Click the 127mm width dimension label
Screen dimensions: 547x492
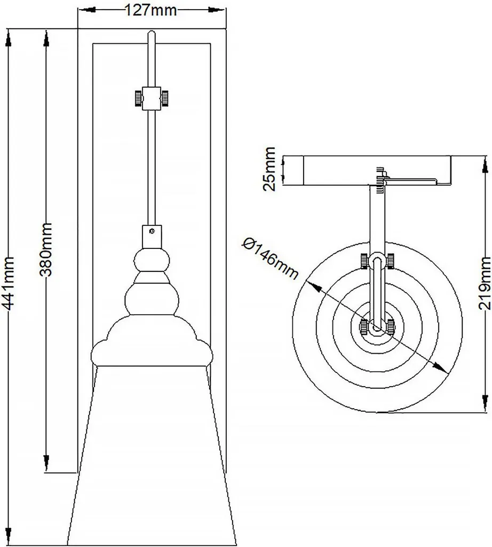click(152, 9)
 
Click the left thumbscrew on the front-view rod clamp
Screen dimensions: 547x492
click(137, 98)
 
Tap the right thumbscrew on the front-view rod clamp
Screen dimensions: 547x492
click(166, 98)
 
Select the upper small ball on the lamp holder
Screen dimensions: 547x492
click(152, 261)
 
